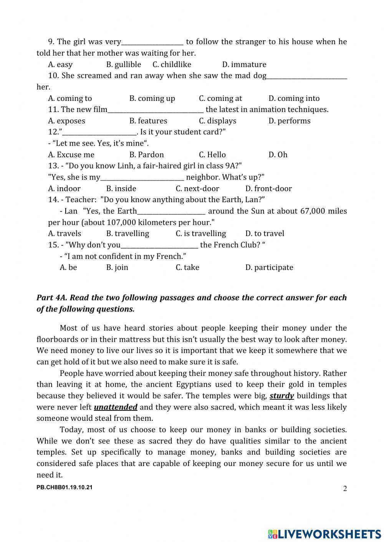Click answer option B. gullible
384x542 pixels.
tap(123, 64)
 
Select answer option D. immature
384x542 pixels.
tap(244, 64)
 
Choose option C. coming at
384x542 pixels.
tap(220, 99)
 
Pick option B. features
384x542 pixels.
tap(148, 121)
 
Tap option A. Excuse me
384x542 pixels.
tap(71, 155)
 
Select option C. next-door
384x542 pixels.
tap(197, 189)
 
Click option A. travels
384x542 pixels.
tap(65, 234)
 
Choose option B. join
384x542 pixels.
tap(117, 268)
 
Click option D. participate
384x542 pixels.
tap(269, 268)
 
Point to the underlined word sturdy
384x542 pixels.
tap(281, 396)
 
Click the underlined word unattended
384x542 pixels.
tap(116, 407)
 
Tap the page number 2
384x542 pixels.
tap(344, 489)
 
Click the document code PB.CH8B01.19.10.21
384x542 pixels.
tap(65, 488)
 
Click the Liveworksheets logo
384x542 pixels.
tap(324, 534)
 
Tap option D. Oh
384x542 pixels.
tap(278, 155)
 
